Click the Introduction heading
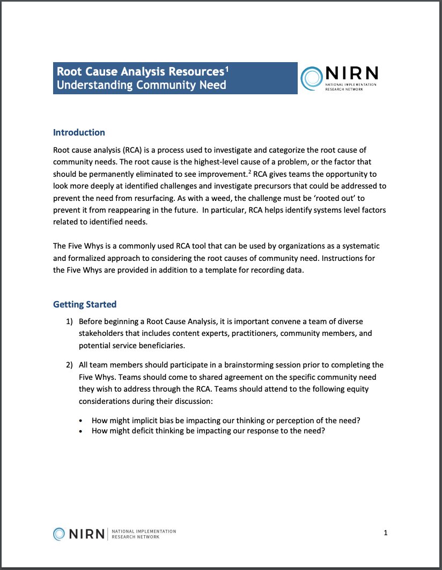[79, 132]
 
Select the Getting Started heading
[84, 304]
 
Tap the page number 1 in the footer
[386, 532]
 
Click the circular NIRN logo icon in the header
[312, 78]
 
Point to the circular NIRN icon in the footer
[60, 534]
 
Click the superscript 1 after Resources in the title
[227, 69]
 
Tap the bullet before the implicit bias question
[81, 421]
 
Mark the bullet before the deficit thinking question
[81, 431]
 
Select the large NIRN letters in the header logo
[351, 74]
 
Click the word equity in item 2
[359, 389]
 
